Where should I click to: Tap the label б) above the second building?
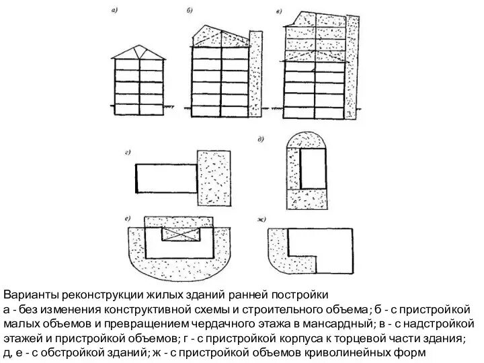190,11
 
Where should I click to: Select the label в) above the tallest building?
279,11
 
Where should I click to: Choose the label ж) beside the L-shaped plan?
261,220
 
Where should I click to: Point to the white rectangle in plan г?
165,178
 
